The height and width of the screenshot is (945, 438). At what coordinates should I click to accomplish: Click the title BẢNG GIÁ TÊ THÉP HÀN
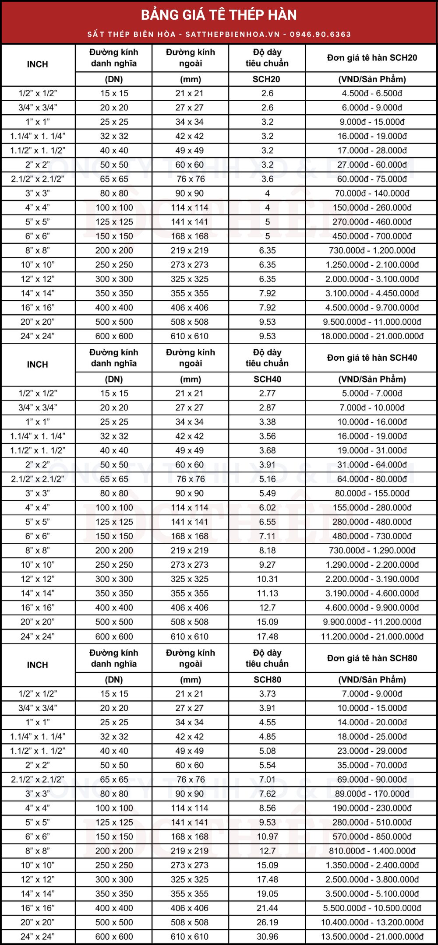(x=219, y=15)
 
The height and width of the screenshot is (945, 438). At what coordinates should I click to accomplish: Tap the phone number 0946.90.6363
(x=321, y=34)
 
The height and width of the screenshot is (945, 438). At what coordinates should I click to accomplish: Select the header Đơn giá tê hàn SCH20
(x=372, y=58)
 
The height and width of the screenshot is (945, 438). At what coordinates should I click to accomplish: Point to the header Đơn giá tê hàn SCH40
(x=372, y=358)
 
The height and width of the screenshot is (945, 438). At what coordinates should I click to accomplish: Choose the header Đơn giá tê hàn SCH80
(x=372, y=658)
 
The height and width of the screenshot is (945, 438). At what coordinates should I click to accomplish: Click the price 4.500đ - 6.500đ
(x=372, y=93)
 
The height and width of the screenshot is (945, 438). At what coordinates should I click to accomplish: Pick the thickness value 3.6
(x=267, y=179)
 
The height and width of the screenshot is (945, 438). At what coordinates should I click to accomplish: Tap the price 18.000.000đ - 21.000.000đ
(x=372, y=336)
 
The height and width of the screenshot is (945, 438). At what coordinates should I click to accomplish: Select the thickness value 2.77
(x=267, y=393)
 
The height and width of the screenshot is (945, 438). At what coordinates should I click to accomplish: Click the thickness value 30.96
(x=267, y=936)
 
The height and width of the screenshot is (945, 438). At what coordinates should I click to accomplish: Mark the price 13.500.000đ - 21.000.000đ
(x=372, y=936)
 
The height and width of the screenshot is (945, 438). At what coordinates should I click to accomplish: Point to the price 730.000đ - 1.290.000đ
(x=372, y=550)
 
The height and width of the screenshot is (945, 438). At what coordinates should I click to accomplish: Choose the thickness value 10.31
(x=267, y=579)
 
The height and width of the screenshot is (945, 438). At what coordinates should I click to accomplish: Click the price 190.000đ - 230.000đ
(x=372, y=808)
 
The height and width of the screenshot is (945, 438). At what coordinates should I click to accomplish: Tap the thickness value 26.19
(x=267, y=922)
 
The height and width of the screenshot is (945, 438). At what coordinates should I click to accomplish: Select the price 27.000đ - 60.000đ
(x=372, y=165)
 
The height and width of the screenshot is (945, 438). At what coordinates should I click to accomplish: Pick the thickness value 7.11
(x=267, y=536)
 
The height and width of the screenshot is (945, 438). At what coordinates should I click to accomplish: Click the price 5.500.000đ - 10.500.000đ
(x=372, y=908)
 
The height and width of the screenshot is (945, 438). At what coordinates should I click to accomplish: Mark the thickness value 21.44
(x=267, y=908)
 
